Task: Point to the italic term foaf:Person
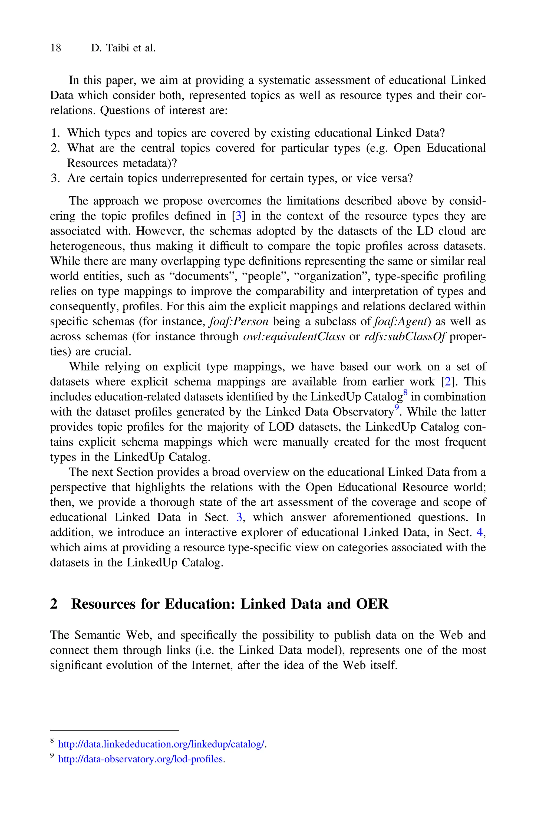tap(239, 321)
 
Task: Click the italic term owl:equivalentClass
tap(294, 336)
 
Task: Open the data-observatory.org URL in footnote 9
tap(141, 759)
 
